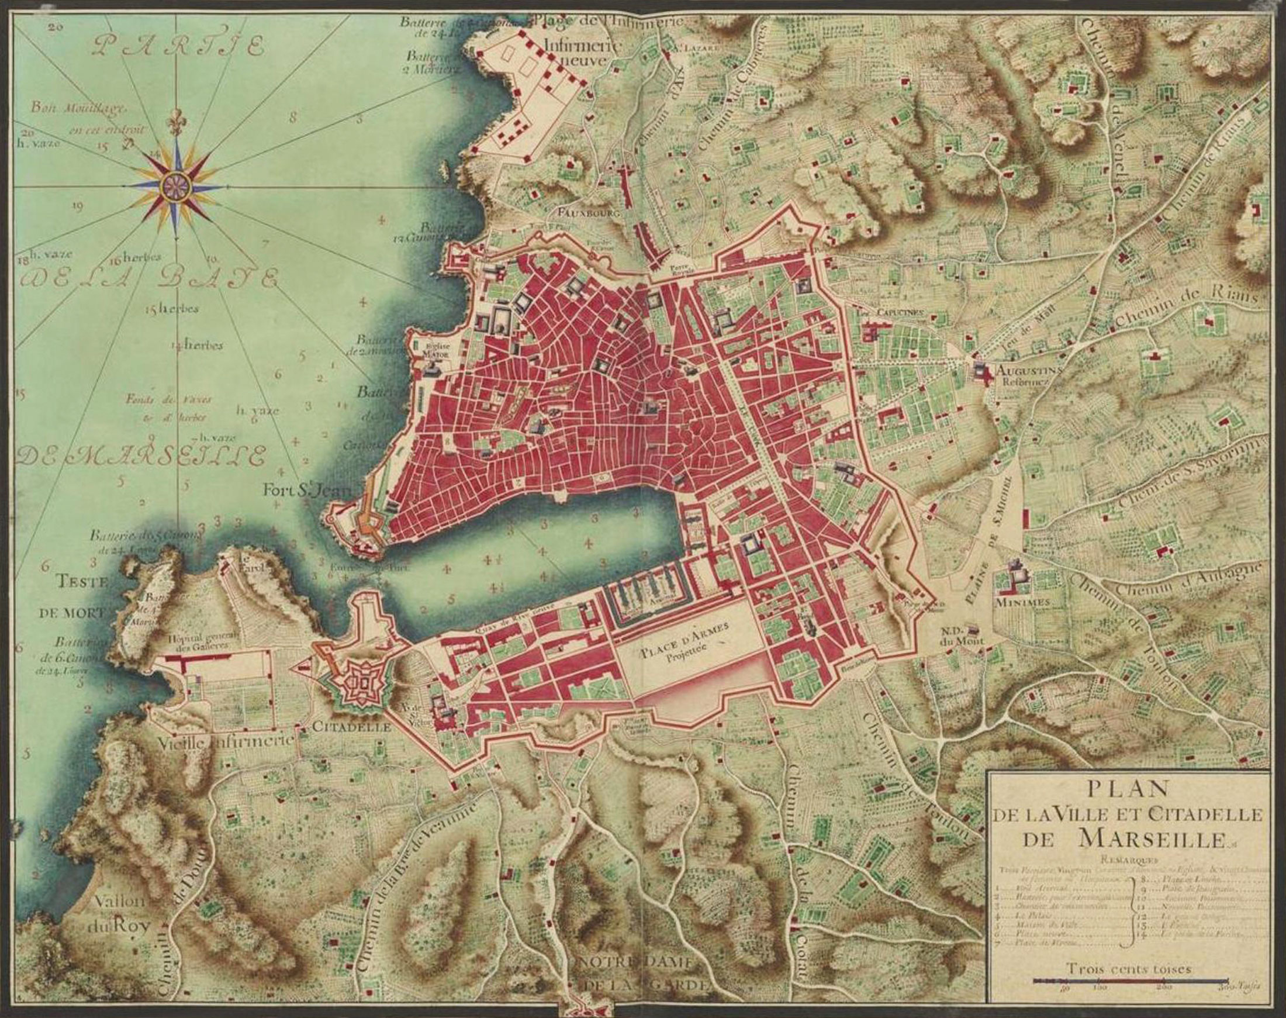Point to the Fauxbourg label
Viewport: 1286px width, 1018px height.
[589, 212]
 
